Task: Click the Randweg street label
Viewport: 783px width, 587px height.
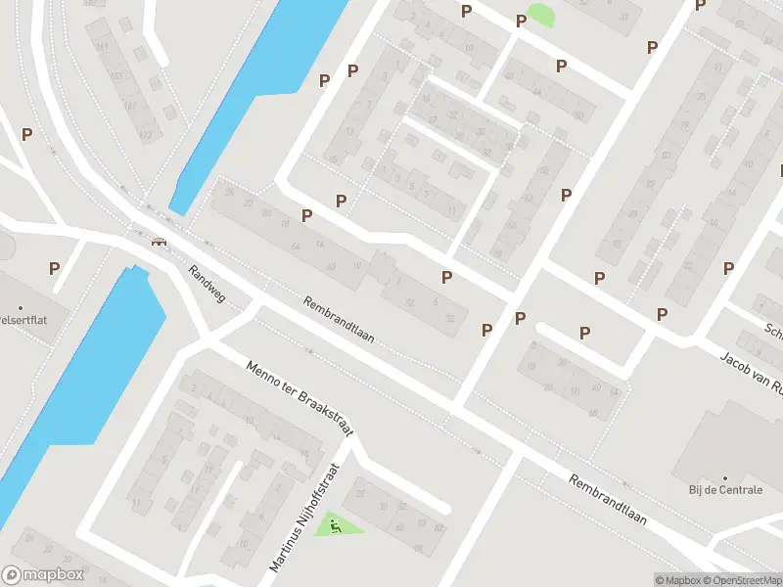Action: pos(207,284)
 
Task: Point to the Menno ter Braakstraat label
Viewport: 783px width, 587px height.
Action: pos(298,403)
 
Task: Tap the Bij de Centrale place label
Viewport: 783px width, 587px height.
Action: pos(724,489)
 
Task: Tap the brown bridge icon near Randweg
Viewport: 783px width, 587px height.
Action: pos(158,244)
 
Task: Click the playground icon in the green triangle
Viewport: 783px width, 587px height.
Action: pos(337,527)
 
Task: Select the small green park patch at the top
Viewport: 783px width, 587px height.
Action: pos(538,15)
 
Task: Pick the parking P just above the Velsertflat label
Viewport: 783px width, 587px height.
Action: pos(54,267)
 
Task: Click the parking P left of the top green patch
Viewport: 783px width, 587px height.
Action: pos(521,21)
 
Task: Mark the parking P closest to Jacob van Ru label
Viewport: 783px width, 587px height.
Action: pos(662,314)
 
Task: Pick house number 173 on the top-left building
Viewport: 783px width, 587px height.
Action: pos(146,134)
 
